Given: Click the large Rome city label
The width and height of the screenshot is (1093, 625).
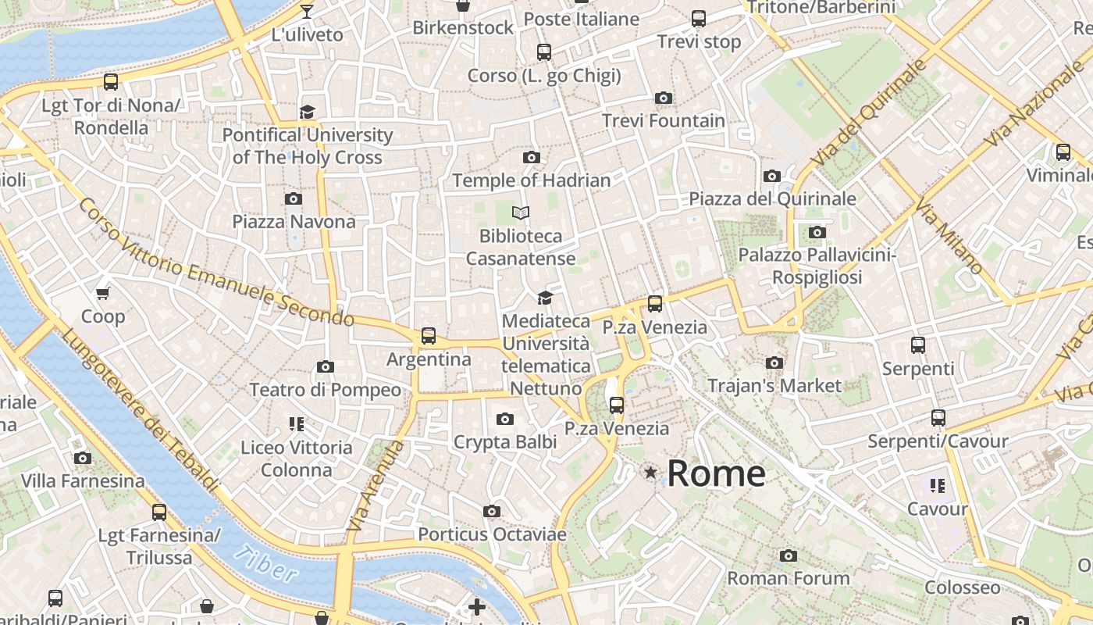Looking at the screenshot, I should click(x=716, y=473).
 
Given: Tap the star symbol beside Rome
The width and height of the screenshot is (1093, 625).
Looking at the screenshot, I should click(x=650, y=472).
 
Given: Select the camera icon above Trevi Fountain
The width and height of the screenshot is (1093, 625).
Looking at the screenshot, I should click(x=664, y=98).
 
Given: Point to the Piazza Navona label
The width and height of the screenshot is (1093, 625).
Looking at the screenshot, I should click(x=294, y=221).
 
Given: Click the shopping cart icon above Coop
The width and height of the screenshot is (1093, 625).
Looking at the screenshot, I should click(x=102, y=294).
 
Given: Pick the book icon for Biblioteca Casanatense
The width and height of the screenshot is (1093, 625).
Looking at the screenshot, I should click(x=521, y=212).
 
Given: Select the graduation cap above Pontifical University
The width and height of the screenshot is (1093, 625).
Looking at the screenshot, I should click(x=307, y=112).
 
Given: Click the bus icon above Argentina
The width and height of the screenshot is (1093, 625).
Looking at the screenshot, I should click(x=428, y=336).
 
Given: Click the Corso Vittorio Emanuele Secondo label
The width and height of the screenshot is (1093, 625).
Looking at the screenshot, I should click(x=216, y=262).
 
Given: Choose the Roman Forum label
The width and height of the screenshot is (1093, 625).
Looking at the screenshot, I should click(x=789, y=578).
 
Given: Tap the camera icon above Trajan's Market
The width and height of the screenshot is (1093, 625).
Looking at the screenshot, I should click(x=774, y=362).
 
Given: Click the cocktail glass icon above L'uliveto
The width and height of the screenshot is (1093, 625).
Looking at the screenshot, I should click(x=307, y=11).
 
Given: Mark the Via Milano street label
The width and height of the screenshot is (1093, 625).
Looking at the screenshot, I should click(x=949, y=237).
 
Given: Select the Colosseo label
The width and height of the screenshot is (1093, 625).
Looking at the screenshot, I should click(x=962, y=587).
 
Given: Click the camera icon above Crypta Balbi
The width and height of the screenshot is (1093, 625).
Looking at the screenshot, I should click(x=505, y=419).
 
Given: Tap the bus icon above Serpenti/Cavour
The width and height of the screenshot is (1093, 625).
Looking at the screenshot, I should click(x=938, y=418).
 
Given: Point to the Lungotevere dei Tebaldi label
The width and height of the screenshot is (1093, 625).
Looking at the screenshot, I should click(x=139, y=410).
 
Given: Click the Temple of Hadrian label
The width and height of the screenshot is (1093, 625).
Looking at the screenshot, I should click(x=532, y=180).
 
